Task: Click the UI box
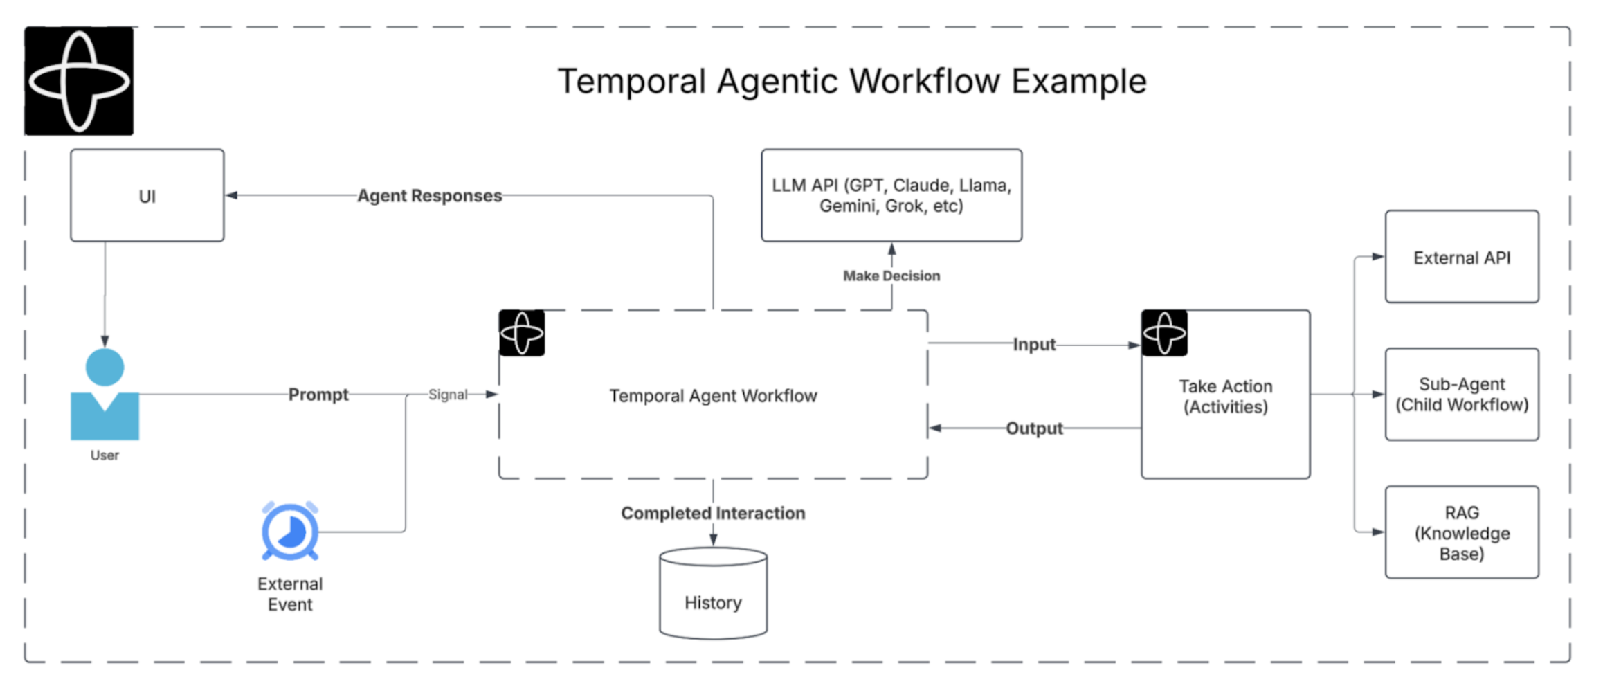click(x=147, y=196)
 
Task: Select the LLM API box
click(x=891, y=195)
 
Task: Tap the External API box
click(x=1461, y=257)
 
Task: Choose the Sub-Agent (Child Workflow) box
click(x=1461, y=395)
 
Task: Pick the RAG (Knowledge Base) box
click(x=1461, y=532)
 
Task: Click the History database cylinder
click(x=713, y=594)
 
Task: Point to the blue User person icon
click(x=105, y=395)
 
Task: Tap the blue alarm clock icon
click(x=290, y=532)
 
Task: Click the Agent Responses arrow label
click(x=429, y=196)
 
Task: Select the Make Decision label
click(x=891, y=276)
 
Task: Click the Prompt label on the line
click(x=318, y=395)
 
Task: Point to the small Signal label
click(x=448, y=395)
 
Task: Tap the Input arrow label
click(x=1034, y=344)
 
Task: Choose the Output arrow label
click(x=1034, y=428)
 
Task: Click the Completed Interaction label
click(x=713, y=513)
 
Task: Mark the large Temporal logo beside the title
click(x=79, y=81)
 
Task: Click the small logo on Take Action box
click(x=1164, y=333)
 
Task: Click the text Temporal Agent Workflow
click(x=713, y=396)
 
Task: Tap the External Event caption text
click(x=290, y=594)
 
